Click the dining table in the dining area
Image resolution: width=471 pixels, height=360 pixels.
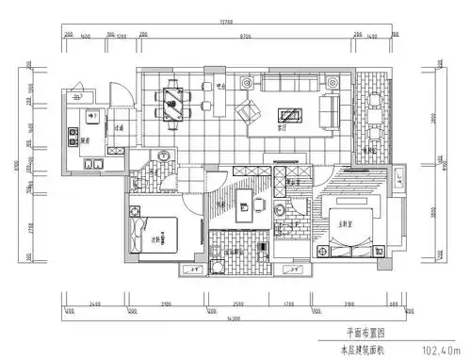tap(175, 101)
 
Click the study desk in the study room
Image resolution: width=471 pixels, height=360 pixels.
tap(243, 204)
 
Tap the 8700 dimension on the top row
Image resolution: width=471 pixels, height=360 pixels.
tap(245, 35)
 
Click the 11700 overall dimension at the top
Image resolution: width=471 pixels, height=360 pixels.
tap(226, 20)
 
